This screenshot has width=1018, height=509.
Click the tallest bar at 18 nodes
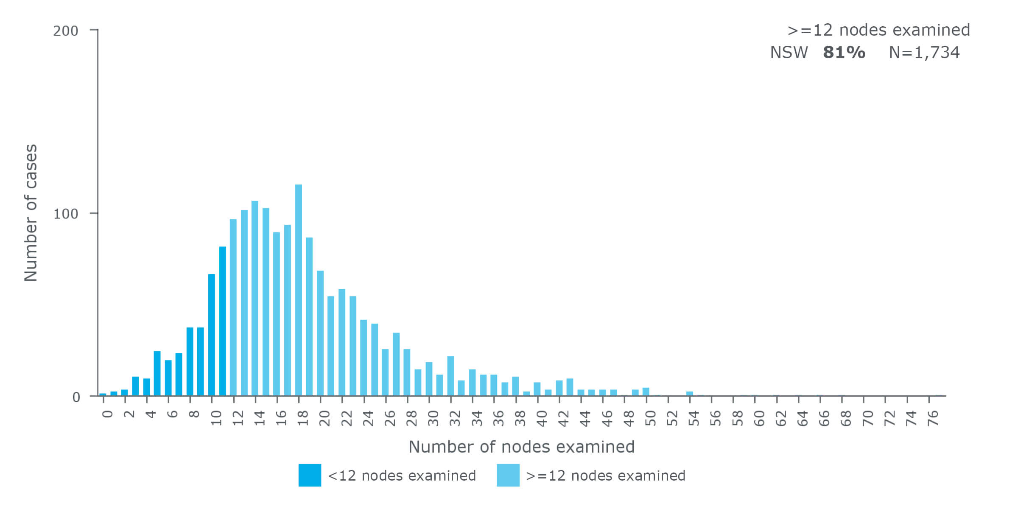[x=299, y=290]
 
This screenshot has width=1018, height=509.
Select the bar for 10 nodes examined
[x=212, y=335]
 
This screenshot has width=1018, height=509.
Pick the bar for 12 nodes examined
[x=233, y=308]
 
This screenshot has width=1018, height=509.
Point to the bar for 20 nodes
[x=320, y=333]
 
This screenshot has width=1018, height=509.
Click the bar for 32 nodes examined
[x=450, y=376]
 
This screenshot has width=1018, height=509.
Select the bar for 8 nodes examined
[x=190, y=361]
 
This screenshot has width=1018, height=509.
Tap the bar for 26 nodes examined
[x=385, y=372]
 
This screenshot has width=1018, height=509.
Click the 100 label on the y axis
[x=66, y=214]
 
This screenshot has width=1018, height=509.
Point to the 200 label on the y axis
[x=66, y=31]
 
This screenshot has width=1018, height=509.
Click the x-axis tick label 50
[x=651, y=418]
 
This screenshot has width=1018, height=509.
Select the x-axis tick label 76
[x=933, y=418]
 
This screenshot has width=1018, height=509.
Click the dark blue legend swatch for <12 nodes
[x=310, y=475]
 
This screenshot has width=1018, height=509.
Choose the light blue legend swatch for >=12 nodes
[x=508, y=475]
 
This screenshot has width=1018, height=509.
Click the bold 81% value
[x=844, y=53]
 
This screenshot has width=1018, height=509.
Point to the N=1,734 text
[x=924, y=53]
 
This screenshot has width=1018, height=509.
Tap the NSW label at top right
[x=789, y=53]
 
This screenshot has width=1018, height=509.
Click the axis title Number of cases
[x=31, y=213]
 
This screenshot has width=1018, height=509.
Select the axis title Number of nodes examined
[x=521, y=447]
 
